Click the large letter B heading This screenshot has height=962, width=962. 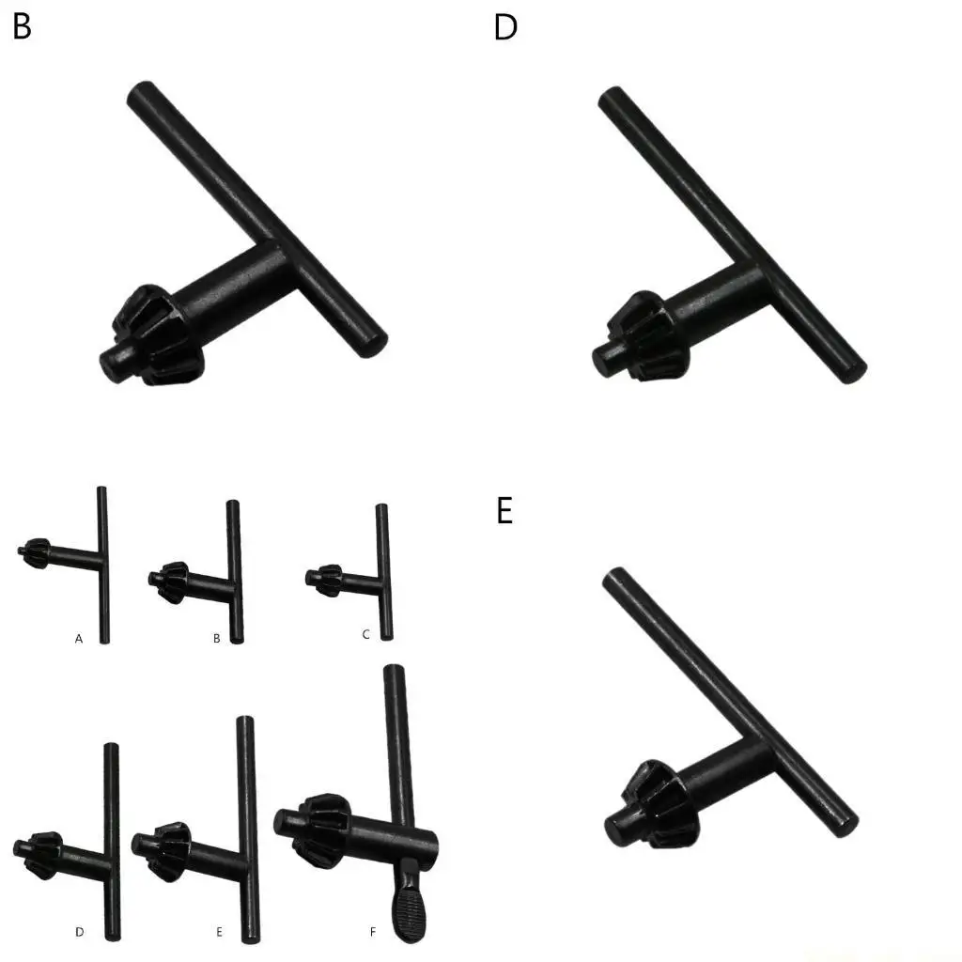coord(22,27)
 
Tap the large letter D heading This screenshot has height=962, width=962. coord(505,28)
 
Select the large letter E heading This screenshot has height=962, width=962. coord(504,512)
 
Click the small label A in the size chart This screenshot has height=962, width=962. coord(79,639)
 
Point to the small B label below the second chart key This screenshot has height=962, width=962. coord(216,639)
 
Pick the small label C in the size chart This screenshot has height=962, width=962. coord(366,635)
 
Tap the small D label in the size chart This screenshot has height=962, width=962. coord(80,932)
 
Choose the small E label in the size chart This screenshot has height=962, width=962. coord(219,932)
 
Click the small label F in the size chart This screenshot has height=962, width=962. coord(373,932)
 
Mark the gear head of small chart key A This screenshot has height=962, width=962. coord(36,552)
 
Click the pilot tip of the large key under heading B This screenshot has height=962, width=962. coord(112,362)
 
